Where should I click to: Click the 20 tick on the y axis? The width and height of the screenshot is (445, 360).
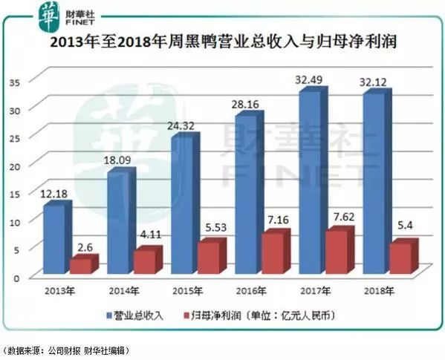15,164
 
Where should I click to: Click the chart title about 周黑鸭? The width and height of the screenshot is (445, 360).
222,44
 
